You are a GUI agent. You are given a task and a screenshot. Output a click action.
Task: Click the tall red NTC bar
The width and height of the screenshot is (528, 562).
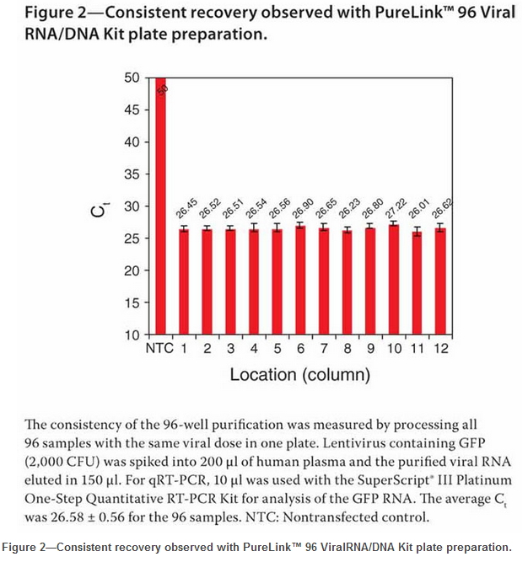coord(159,206)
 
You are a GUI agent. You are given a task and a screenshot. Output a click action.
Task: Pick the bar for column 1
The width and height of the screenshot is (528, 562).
coord(183,282)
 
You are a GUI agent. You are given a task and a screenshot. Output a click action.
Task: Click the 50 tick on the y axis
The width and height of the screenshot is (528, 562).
coord(132,78)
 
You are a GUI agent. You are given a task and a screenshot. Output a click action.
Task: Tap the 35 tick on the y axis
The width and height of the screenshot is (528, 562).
coord(132,174)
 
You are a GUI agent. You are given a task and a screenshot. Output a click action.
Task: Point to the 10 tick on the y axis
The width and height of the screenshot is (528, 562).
coord(132,335)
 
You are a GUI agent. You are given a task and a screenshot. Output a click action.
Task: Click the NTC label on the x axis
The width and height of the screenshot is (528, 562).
coord(159,349)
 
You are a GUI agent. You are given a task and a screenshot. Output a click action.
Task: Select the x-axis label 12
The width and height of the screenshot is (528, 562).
coord(441,349)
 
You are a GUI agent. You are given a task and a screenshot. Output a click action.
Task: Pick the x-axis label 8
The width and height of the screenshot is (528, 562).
coord(348,349)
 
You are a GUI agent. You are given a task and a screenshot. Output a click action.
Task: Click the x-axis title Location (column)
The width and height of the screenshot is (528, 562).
coord(299,373)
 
